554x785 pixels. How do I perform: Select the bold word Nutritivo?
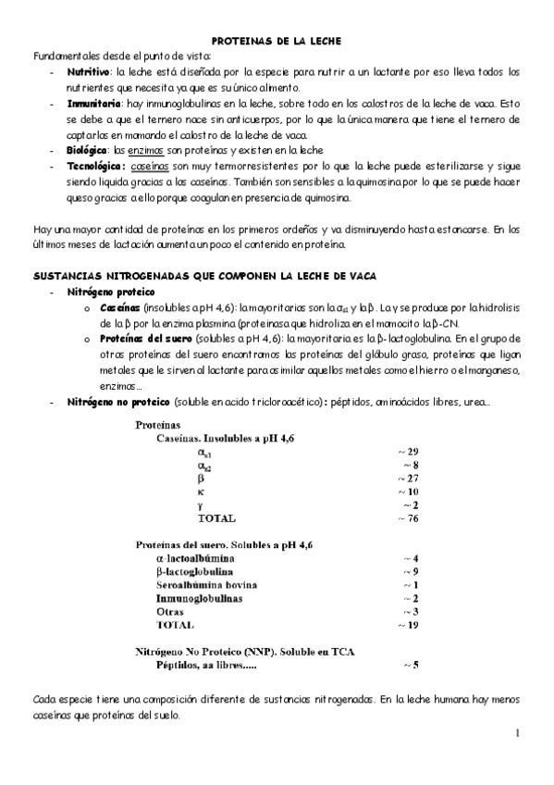[88, 71]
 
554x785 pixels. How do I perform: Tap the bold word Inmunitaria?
[93, 105]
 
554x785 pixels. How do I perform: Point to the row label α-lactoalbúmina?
[195, 558]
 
